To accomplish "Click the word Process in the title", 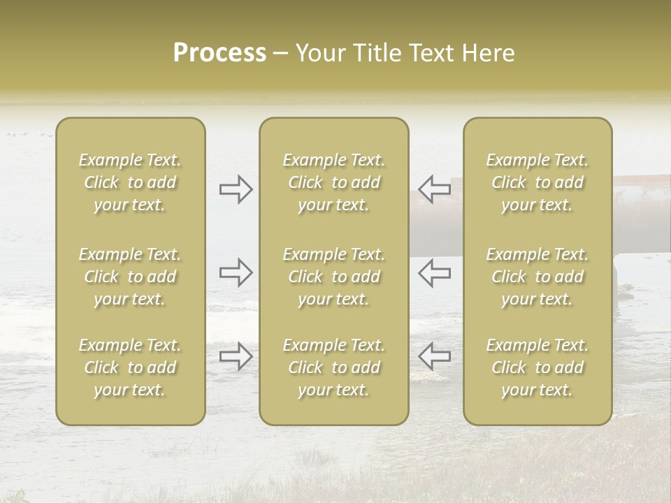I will pos(219,53).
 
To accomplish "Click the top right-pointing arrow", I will pos(236,189).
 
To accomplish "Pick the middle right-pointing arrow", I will pos(236,272).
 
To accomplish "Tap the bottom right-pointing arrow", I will pos(236,356).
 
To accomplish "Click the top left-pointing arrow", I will pos(434,189).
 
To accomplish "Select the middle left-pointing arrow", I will pos(434,272).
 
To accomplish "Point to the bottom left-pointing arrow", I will pos(434,356).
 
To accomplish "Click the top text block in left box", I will pos(130,182).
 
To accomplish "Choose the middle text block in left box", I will pos(130,277).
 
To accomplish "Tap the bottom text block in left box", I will pos(130,367).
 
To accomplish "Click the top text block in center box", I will pos(333,182).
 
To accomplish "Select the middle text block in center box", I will pos(333,277).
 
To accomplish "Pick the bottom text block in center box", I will pos(333,367).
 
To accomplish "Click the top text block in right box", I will pos(537,182).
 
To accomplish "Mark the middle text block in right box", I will pos(537,277).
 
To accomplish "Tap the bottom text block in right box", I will pos(537,367).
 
